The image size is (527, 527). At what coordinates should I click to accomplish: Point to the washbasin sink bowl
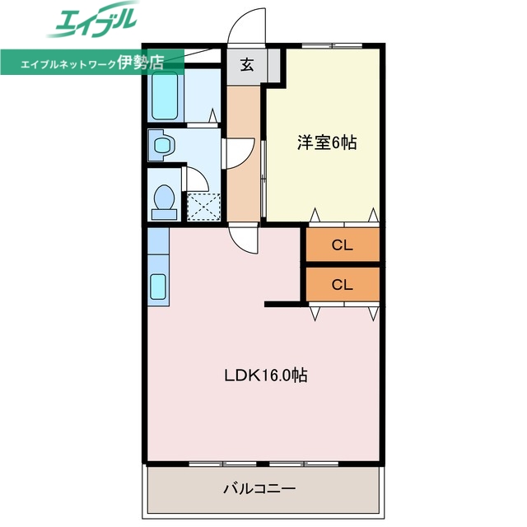(162, 147)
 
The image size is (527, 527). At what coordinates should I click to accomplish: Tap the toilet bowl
(164, 197)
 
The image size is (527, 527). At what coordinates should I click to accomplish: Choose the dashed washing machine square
(203, 205)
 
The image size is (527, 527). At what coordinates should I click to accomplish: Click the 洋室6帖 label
(327, 142)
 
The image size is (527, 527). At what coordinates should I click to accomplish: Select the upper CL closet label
(342, 245)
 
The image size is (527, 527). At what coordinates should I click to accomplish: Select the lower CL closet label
(342, 285)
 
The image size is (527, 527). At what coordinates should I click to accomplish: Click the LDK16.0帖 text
(266, 375)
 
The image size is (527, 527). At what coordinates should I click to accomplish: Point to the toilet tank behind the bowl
(164, 213)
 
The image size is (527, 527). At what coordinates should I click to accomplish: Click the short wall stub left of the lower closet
(283, 305)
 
